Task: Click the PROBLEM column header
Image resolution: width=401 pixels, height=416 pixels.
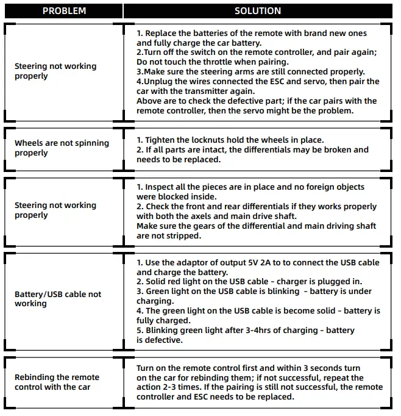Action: pos(64,11)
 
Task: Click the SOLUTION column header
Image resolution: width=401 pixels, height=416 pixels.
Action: pos(257,11)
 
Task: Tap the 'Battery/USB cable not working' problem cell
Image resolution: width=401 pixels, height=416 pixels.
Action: pos(58,298)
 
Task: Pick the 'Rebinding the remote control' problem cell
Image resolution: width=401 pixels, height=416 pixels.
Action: pos(57,382)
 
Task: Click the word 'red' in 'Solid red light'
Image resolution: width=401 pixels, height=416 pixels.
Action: pos(180,282)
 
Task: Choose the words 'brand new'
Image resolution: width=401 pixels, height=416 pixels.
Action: pos(298,34)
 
